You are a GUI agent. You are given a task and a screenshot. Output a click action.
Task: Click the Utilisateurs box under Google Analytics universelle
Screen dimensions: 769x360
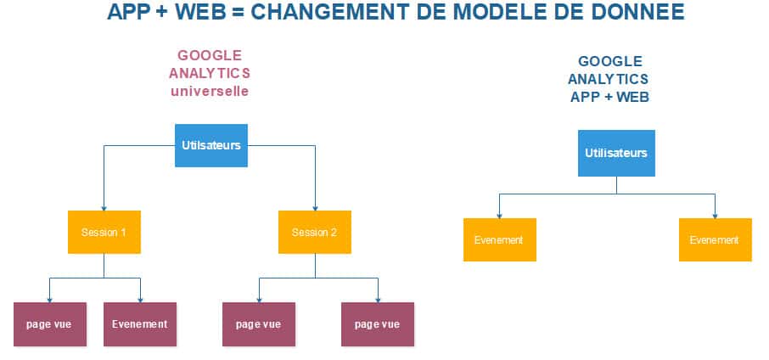[211, 145]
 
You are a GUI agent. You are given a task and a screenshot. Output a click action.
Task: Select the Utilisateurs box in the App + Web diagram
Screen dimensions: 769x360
[616, 153]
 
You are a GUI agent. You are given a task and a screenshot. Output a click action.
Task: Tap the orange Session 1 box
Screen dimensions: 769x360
[104, 232]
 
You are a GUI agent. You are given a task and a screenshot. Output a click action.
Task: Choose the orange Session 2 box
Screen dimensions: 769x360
[315, 232]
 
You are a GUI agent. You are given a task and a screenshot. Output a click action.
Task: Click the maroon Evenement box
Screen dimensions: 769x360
[140, 324]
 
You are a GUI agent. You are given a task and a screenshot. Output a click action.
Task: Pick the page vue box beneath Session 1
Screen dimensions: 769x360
[50, 324]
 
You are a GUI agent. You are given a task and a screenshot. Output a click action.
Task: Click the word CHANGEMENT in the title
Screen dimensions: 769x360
[332, 12]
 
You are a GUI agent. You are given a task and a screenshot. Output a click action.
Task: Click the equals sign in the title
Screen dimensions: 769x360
[238, 12]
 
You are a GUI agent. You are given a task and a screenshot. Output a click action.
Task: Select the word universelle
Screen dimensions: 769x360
[210, 92]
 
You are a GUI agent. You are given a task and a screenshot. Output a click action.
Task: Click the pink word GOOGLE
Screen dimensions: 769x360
[210, 55]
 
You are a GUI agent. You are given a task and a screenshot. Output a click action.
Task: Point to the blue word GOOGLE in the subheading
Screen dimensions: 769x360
[610, 61]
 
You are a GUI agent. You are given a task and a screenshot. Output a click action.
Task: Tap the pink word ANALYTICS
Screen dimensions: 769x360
[210, 74]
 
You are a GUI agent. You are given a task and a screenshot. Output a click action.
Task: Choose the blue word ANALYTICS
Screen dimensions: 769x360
[608, 79]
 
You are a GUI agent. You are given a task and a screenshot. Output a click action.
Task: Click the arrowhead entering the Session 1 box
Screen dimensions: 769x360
[104, 208]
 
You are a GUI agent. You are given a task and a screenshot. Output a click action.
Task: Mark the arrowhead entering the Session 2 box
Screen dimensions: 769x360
[315, 208]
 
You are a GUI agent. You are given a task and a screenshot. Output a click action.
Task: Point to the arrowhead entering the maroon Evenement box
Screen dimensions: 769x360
[140, 300]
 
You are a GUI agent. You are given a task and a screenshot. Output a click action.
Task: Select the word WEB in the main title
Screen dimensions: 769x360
[200, 12]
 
